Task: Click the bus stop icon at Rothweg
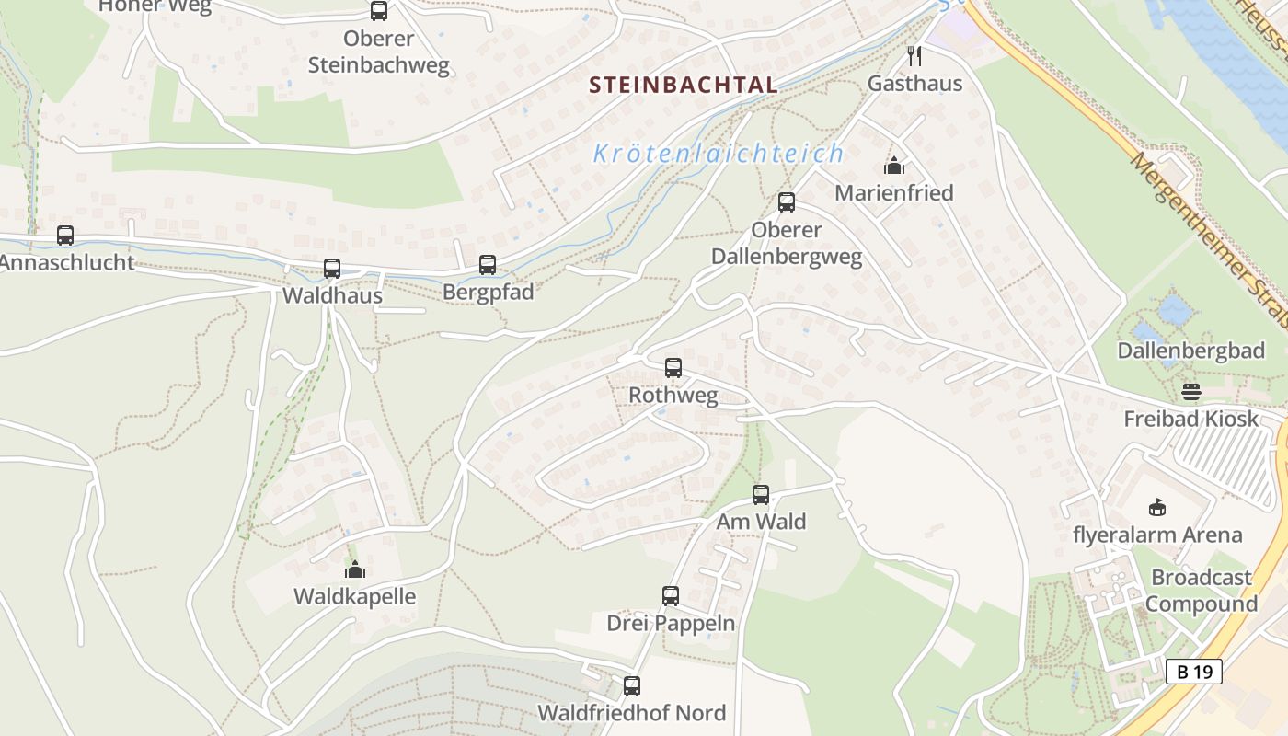coord(673,368)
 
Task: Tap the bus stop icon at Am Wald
coord(761,495)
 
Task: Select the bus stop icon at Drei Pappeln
coord(671,596)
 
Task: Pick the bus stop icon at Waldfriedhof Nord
coord(632,685)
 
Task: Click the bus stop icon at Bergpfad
coord(488,265)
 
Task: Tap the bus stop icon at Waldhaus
coord(332,269)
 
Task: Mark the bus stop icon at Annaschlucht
coord(65,236)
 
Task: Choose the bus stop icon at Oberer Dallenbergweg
coord(787,202)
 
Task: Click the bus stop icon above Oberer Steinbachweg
coord(379,11)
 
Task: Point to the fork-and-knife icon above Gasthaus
coord(914,56)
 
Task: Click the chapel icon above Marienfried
coord(894,167)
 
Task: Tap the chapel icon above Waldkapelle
coord(355,570)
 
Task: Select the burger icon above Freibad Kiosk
coord(1191,392)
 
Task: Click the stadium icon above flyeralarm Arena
coord(1157,507)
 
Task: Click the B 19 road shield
coord(1194,672)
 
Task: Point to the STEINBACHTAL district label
coord(684,86)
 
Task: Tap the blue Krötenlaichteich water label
coord(719,154)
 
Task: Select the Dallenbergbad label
coord(1191,351)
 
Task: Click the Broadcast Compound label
coord(1202,591)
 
